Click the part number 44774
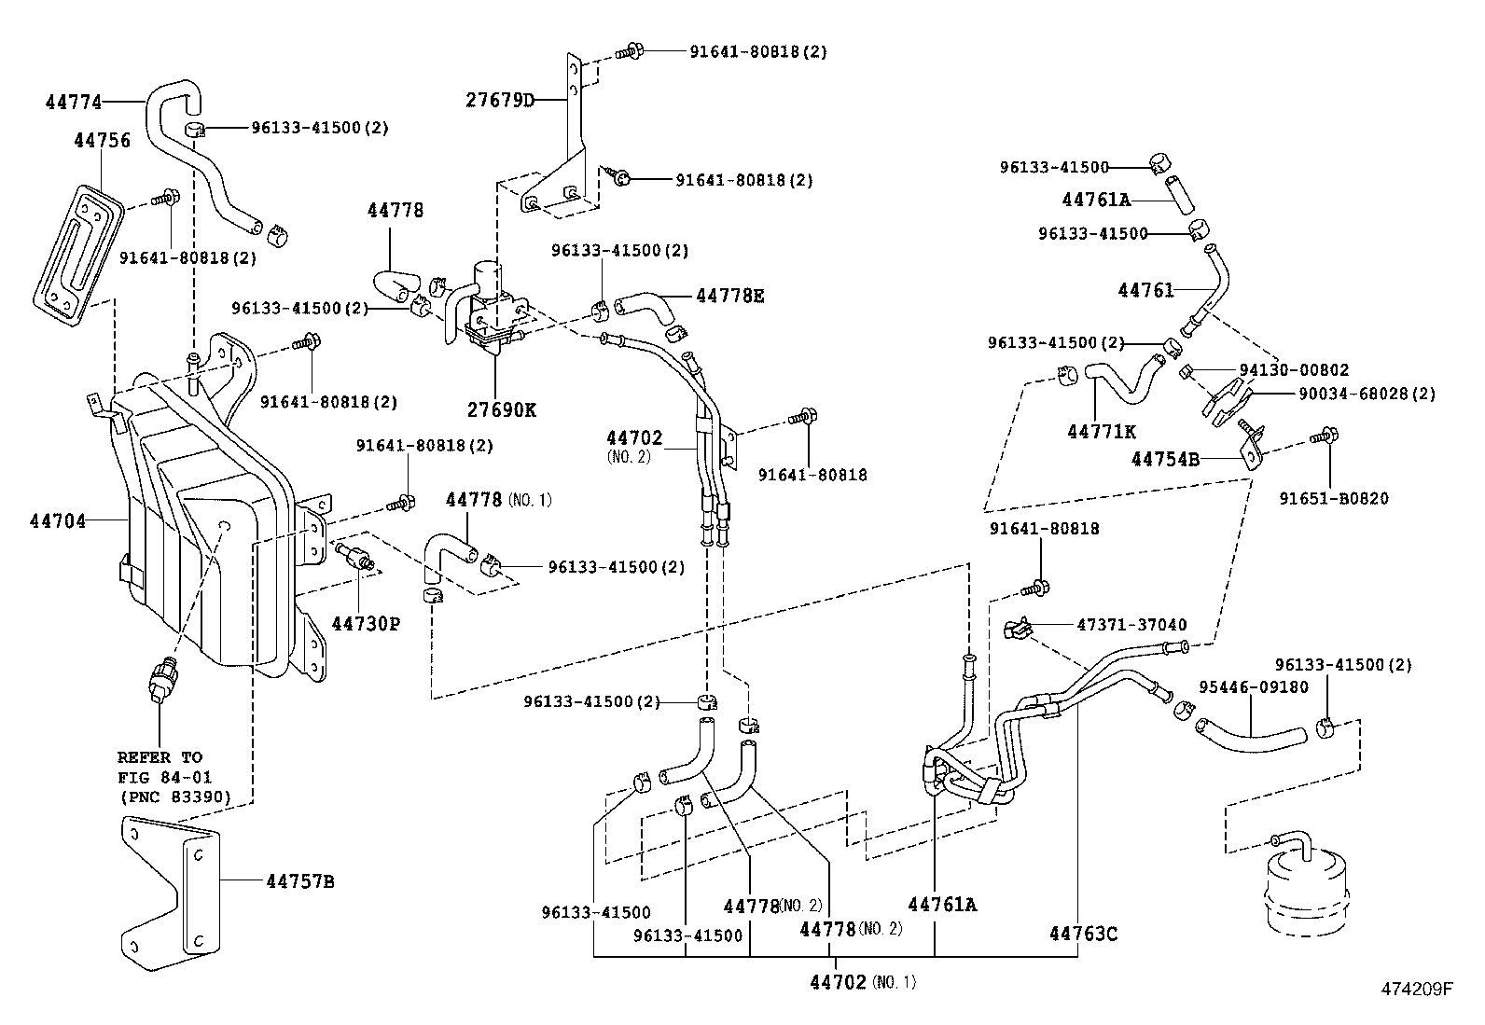click(x=74, y=103)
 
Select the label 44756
click(x=102, y=141)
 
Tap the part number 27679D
click(x=500, y=101)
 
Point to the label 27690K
click(x=501, y=409)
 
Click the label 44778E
click(x=729, y=296)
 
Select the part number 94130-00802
click(x=1293, y=370)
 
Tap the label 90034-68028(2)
click(x=1367, y=394)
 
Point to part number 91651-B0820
click(x=1333, y=499)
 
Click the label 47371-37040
click(x=1131, y=625)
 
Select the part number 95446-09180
click(x=1254, y=687)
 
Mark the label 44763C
click(x=1082, y=934)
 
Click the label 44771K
click(x=1102, y=431)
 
